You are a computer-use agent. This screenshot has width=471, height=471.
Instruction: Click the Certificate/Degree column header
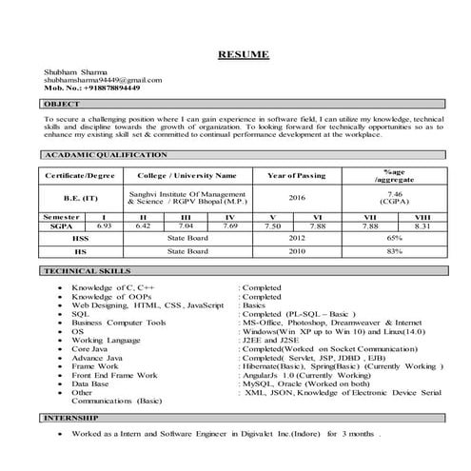[80, 176]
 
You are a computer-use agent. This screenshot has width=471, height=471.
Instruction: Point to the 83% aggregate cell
[394, 251]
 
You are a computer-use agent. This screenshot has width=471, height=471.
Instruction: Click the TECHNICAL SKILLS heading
[83, 272]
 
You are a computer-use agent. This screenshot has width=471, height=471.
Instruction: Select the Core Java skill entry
[91, 348]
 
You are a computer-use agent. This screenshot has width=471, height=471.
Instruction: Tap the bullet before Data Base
[61, 383]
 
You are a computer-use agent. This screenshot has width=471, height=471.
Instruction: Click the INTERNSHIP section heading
[72, 418]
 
